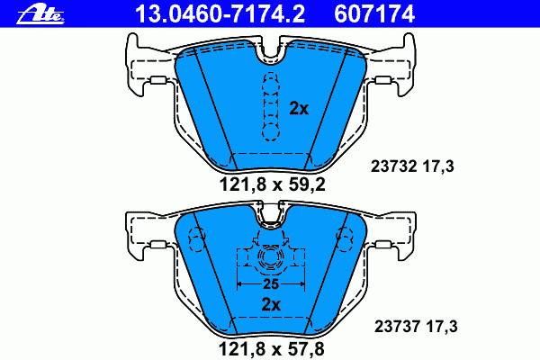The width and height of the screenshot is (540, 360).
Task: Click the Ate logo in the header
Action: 40,14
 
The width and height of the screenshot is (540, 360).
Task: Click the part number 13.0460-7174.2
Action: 220,14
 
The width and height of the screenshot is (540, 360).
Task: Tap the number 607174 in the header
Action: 374,14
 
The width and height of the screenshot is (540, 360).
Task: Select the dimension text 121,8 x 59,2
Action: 272,185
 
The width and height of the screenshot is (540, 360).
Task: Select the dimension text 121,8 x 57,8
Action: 272,350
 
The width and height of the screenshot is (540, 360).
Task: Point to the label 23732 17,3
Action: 412,166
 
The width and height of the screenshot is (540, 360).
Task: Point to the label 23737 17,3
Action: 416,326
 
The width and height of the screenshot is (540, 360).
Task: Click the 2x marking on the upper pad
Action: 299,109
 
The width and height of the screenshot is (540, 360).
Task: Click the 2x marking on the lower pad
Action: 271,304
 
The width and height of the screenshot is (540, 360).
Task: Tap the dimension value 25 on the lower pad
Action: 271,284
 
